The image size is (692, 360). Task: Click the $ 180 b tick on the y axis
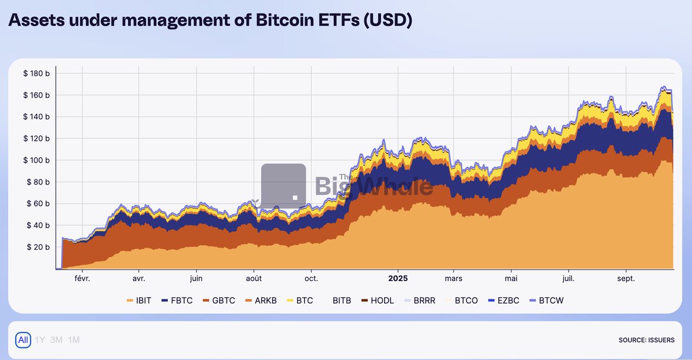coord(36,73)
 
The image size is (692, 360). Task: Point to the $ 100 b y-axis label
coord(36,160)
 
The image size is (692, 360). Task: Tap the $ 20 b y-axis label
coord(38,247)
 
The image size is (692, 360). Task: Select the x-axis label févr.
coord(82,278)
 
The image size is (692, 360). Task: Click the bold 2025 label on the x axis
coord(398,278)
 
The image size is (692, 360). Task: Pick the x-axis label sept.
coord(626,278)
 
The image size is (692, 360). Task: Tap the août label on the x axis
coord(254,278)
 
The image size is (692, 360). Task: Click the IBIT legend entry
coord(138,301)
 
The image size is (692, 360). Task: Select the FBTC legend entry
coord(177,301)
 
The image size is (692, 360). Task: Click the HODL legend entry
coord(377,301)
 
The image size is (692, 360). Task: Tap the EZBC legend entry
coord(506,301)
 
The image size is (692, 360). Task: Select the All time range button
coord(23,340)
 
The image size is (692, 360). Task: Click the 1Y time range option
coord(40,340)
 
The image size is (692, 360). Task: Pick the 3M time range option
coord(57,340)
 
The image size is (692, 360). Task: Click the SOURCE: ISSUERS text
coord(646,340)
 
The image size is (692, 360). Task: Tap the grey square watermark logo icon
coord(283,186)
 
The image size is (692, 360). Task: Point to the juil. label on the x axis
coord(569,278)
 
